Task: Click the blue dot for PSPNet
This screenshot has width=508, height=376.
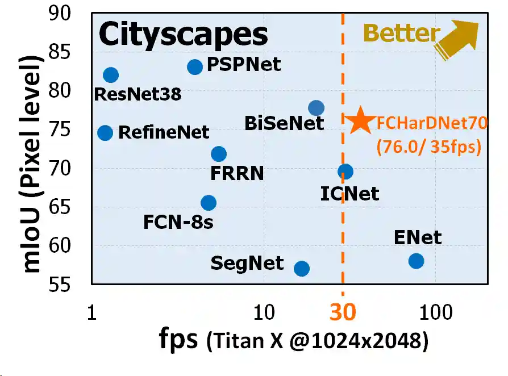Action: coord(195,67)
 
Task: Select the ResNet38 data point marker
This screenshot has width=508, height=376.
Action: coord(111,75)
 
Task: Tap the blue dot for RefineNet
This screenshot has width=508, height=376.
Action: coord(105,133)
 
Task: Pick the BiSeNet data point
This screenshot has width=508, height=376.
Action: coord(317,108)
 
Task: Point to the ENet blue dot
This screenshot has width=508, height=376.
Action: coord(416,261)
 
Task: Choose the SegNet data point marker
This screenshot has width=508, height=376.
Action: coord(302,268)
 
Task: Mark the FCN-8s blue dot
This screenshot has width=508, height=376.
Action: coord(209,203)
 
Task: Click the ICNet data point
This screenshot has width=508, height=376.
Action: coord(345,172)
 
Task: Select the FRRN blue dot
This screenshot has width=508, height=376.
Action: coord(219,154)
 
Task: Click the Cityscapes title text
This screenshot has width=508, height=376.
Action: coord(183,35)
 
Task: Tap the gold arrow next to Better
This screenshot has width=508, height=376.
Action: coord(457,39)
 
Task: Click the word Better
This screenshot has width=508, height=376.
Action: coord(401,34)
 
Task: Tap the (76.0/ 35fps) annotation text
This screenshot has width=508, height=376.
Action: coord(428,148)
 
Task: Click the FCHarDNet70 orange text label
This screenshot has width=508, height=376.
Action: coord(432,123)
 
